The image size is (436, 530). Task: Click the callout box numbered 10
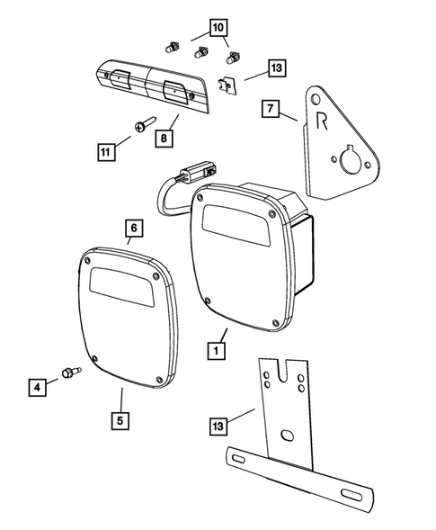[218, 28]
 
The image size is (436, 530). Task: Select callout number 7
[270, 110]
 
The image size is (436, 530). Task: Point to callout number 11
[106, 154]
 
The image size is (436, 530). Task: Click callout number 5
[120, 419]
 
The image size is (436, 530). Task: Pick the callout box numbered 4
[37, 388]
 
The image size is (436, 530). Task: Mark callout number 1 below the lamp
[216, 350]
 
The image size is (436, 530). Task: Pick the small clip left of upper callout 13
[228, 85]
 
